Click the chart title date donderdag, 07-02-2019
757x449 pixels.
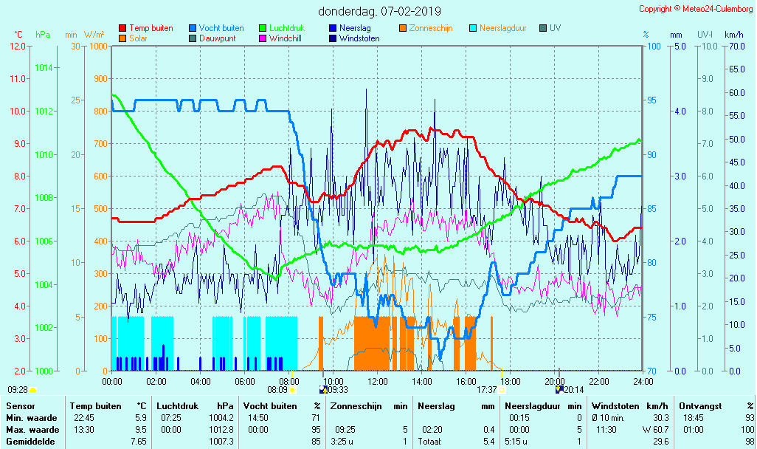pos(379,11)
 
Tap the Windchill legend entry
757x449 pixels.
pos(284,38)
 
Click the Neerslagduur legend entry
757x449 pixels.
pos(502,28)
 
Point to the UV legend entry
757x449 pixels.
pos(555,28)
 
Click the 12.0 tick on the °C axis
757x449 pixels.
pos(18,46)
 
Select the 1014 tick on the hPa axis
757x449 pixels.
pos(44,67)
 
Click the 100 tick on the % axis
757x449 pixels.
pos(654,46)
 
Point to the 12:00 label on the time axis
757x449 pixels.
pos(378,381)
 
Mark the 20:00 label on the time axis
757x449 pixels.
pos(555,381)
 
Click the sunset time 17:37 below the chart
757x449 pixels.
pos(487,390)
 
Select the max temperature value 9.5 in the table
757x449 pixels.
pos(140,430)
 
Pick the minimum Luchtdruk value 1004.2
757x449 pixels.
pos(222,418)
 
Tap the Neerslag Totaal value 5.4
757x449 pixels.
pos(488,442)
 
